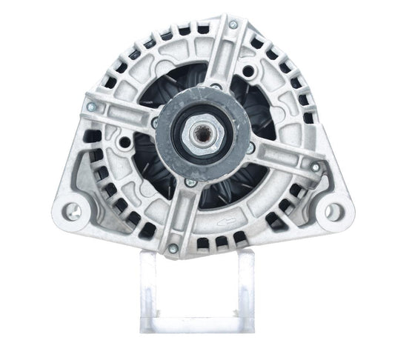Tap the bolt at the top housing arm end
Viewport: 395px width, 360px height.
click(x=233, y=25)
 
